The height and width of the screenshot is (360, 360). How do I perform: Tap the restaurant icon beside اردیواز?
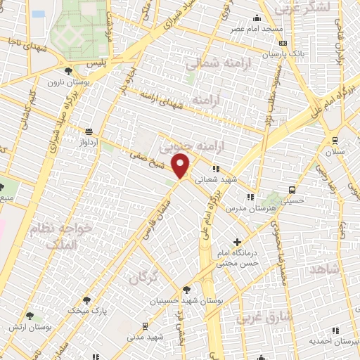(x=89, y=131)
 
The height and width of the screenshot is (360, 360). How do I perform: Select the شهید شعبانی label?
(x=236, y=179)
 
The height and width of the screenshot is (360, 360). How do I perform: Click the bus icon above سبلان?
(x=333, y=139)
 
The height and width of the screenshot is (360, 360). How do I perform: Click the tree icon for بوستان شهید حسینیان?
(x=186, y=289)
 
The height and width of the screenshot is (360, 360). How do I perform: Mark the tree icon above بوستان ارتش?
(x=30, y=316)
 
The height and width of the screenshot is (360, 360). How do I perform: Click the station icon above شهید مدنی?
(x=145, y=326)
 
